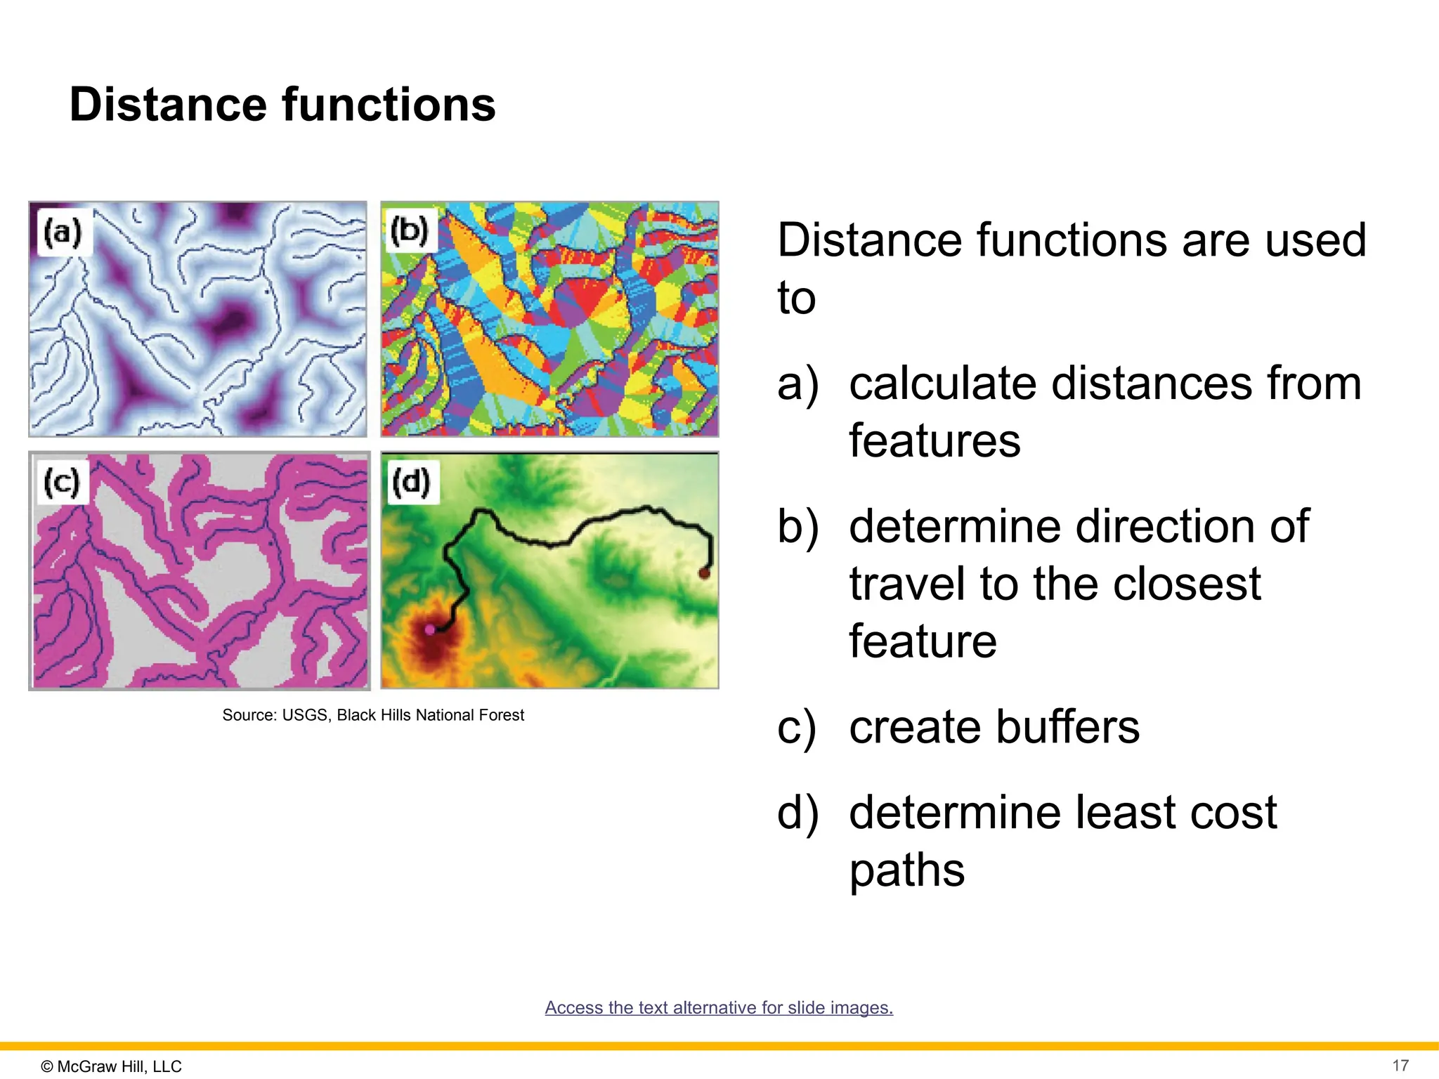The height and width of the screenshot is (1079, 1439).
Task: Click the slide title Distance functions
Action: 282,105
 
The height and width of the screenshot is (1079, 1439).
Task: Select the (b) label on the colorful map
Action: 410,230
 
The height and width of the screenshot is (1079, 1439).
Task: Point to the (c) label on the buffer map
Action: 62,482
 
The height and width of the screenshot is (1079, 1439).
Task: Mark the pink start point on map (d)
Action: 430,629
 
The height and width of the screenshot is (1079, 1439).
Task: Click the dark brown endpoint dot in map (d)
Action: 704,573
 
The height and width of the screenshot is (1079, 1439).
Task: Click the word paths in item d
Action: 906,870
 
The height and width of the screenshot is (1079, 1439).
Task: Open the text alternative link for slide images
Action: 719,1007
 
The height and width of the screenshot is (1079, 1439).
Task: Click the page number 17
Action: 1400,1065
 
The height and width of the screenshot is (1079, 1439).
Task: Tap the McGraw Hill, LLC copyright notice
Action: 112,1066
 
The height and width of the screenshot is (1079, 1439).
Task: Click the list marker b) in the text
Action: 797,527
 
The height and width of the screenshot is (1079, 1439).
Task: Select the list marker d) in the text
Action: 797,813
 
